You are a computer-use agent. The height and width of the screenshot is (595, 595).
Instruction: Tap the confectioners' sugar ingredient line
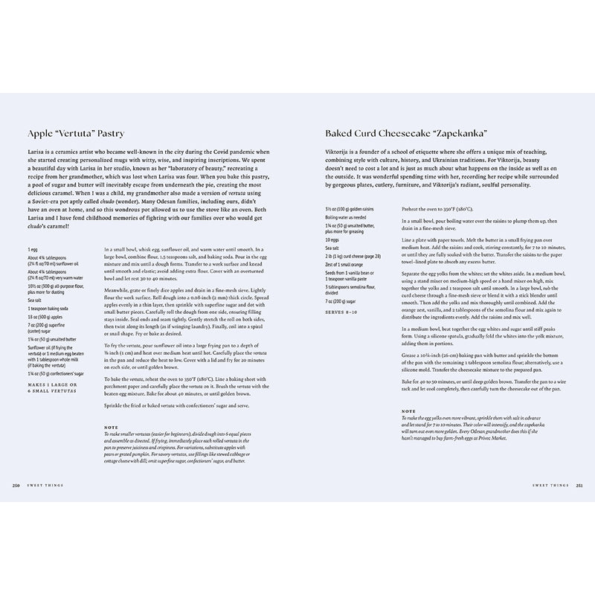click(x=59, y=374)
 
